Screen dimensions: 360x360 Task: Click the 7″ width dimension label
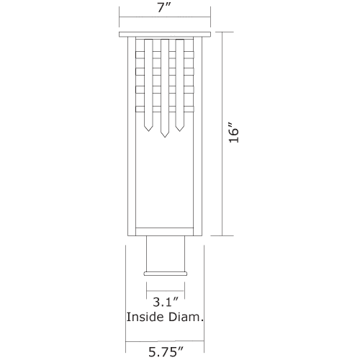click(x=164, y=8)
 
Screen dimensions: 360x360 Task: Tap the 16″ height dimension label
click(x=234, y=133)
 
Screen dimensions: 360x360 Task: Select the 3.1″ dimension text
click(x=166, y=302)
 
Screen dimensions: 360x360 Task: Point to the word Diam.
click(x=186, y=317)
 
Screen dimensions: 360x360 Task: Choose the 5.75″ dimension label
click(x=166, y=352)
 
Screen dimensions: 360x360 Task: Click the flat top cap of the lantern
click(x=165, y=35)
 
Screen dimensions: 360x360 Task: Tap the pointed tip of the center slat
click(x=165, y=138)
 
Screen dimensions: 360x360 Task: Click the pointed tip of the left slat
click(x=149, y=131)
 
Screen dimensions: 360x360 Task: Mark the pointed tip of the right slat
click(x=179, y=131)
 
